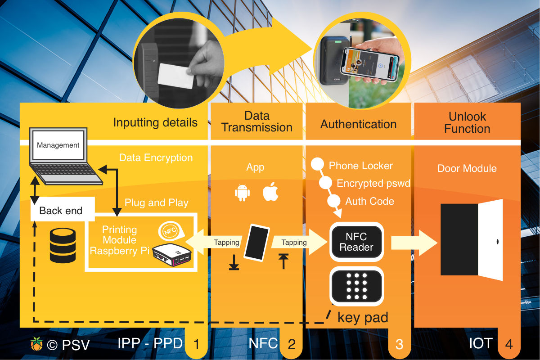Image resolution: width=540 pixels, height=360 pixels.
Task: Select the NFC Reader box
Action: tap(356, 242)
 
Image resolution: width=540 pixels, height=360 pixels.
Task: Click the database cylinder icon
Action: tap(62, 245)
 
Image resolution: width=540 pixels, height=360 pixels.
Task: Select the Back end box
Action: tap(61, 210)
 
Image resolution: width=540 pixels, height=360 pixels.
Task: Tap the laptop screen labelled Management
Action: tap(58, 145)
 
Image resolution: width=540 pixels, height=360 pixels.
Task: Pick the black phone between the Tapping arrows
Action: tap(256, 242)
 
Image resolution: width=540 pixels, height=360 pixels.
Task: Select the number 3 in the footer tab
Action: tap(399, 345)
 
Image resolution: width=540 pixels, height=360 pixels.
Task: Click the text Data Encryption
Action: tap(156, 158)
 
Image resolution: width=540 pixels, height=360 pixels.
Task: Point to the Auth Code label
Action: tap(369, 201)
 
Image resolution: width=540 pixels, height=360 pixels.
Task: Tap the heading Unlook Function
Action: tap(467, 122)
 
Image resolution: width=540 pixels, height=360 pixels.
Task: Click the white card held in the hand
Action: tap(176, 76)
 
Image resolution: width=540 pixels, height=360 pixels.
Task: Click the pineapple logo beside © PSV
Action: tap(36, 344)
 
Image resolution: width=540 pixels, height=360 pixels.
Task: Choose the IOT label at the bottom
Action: tap(480, 343)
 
